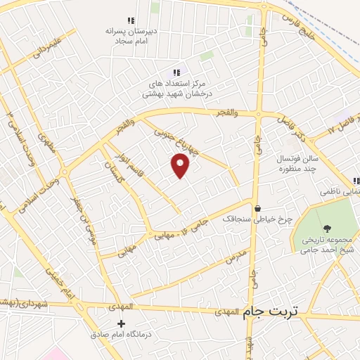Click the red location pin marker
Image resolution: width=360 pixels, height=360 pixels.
[x=181, y=166]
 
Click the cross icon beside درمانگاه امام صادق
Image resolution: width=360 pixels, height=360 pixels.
[x=121, y=324]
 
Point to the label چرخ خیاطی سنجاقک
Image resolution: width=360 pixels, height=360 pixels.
[x=257, y=219]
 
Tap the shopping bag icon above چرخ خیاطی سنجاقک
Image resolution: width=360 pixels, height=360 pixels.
[x=258, y=209]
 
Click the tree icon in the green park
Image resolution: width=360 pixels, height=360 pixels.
[x=327, y=227]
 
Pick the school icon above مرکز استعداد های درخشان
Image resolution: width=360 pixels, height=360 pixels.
[x=177, y=72]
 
